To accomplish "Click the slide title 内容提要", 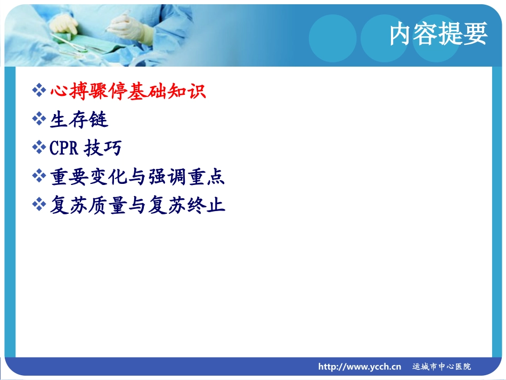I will [438, 34].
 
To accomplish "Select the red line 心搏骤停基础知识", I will [128, 91].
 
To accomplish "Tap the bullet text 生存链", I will [79, 119].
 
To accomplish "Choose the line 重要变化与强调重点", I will [137, 176].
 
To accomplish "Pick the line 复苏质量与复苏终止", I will [137, 205].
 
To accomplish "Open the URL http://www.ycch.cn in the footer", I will [360, 367].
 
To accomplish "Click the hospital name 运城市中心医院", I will [442, 367].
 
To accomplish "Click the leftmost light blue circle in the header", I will [332, 37].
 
